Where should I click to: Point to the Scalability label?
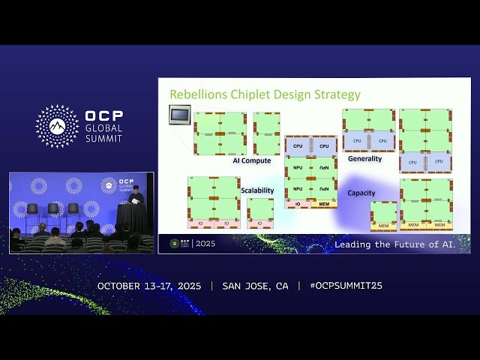(257, 190)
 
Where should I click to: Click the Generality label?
(364, 159)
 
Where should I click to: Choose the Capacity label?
(361, 193)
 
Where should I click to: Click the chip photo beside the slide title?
(179, 115)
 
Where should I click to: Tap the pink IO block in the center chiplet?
(297, 204)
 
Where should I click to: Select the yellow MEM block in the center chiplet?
(323, 204)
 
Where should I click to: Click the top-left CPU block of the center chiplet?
(298, 146)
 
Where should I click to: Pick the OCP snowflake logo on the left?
(57, 126)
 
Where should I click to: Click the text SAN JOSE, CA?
(255, 286)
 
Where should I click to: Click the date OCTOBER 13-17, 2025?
(149, 286)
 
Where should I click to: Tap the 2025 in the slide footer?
(205, 244)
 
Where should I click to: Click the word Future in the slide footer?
(411, 244)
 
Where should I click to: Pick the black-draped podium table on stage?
(132, 217)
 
